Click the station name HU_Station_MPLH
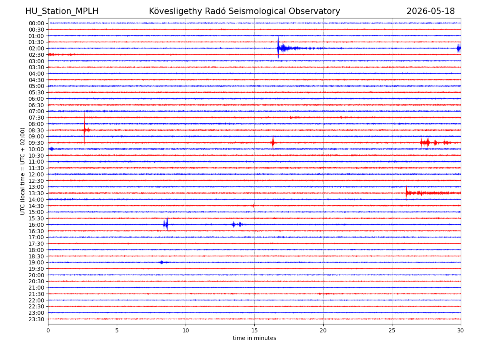pyautogui.click(x=62, y=11)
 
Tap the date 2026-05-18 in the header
pyautogui.click(x=430, y=11)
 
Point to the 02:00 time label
pyautogui.click(x=36, y=48)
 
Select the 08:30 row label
pyautogui.click(x=36, y=130)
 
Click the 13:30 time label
pyautogui.click(x=36, y=194)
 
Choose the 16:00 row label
pyautogui.click(x=36, y=225)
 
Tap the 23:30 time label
pyautogui.click(x=36, y=319)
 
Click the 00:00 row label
pyautogui.click(x=36, y=23)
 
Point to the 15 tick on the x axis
pyautogui.click(x=254, y=330)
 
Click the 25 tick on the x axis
pyautogui.click(x=392, y=330)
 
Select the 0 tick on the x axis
pyautogui.click(x=48, y=330)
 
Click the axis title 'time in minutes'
pyautogui.click(x=254, y=338)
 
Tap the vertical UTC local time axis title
pyautogui.click(x=22, y=171)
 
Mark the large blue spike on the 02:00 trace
pyautogui.click(x=278, y=48)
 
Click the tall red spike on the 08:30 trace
pyautogui.click(x=84, y=129)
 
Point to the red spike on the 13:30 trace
pyautogui.click(x=406, y=192)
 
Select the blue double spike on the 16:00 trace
pyautogui.click(x=166, y=224)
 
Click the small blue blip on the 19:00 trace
pyautogui.click(x=162, y=262)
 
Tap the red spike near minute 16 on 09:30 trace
pyautogui.click(x=273, y=142)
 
